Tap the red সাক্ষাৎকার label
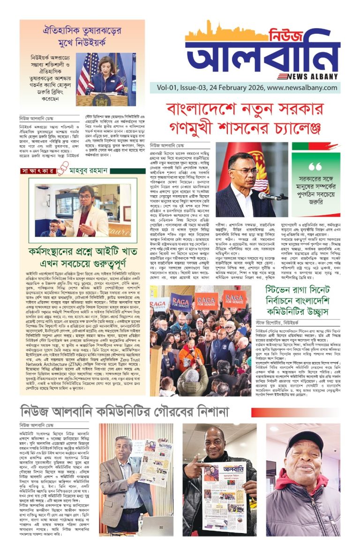pyautogui.click(x=36, y=171)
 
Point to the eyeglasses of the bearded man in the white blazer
pyautogui.click(x=84, y=197)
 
